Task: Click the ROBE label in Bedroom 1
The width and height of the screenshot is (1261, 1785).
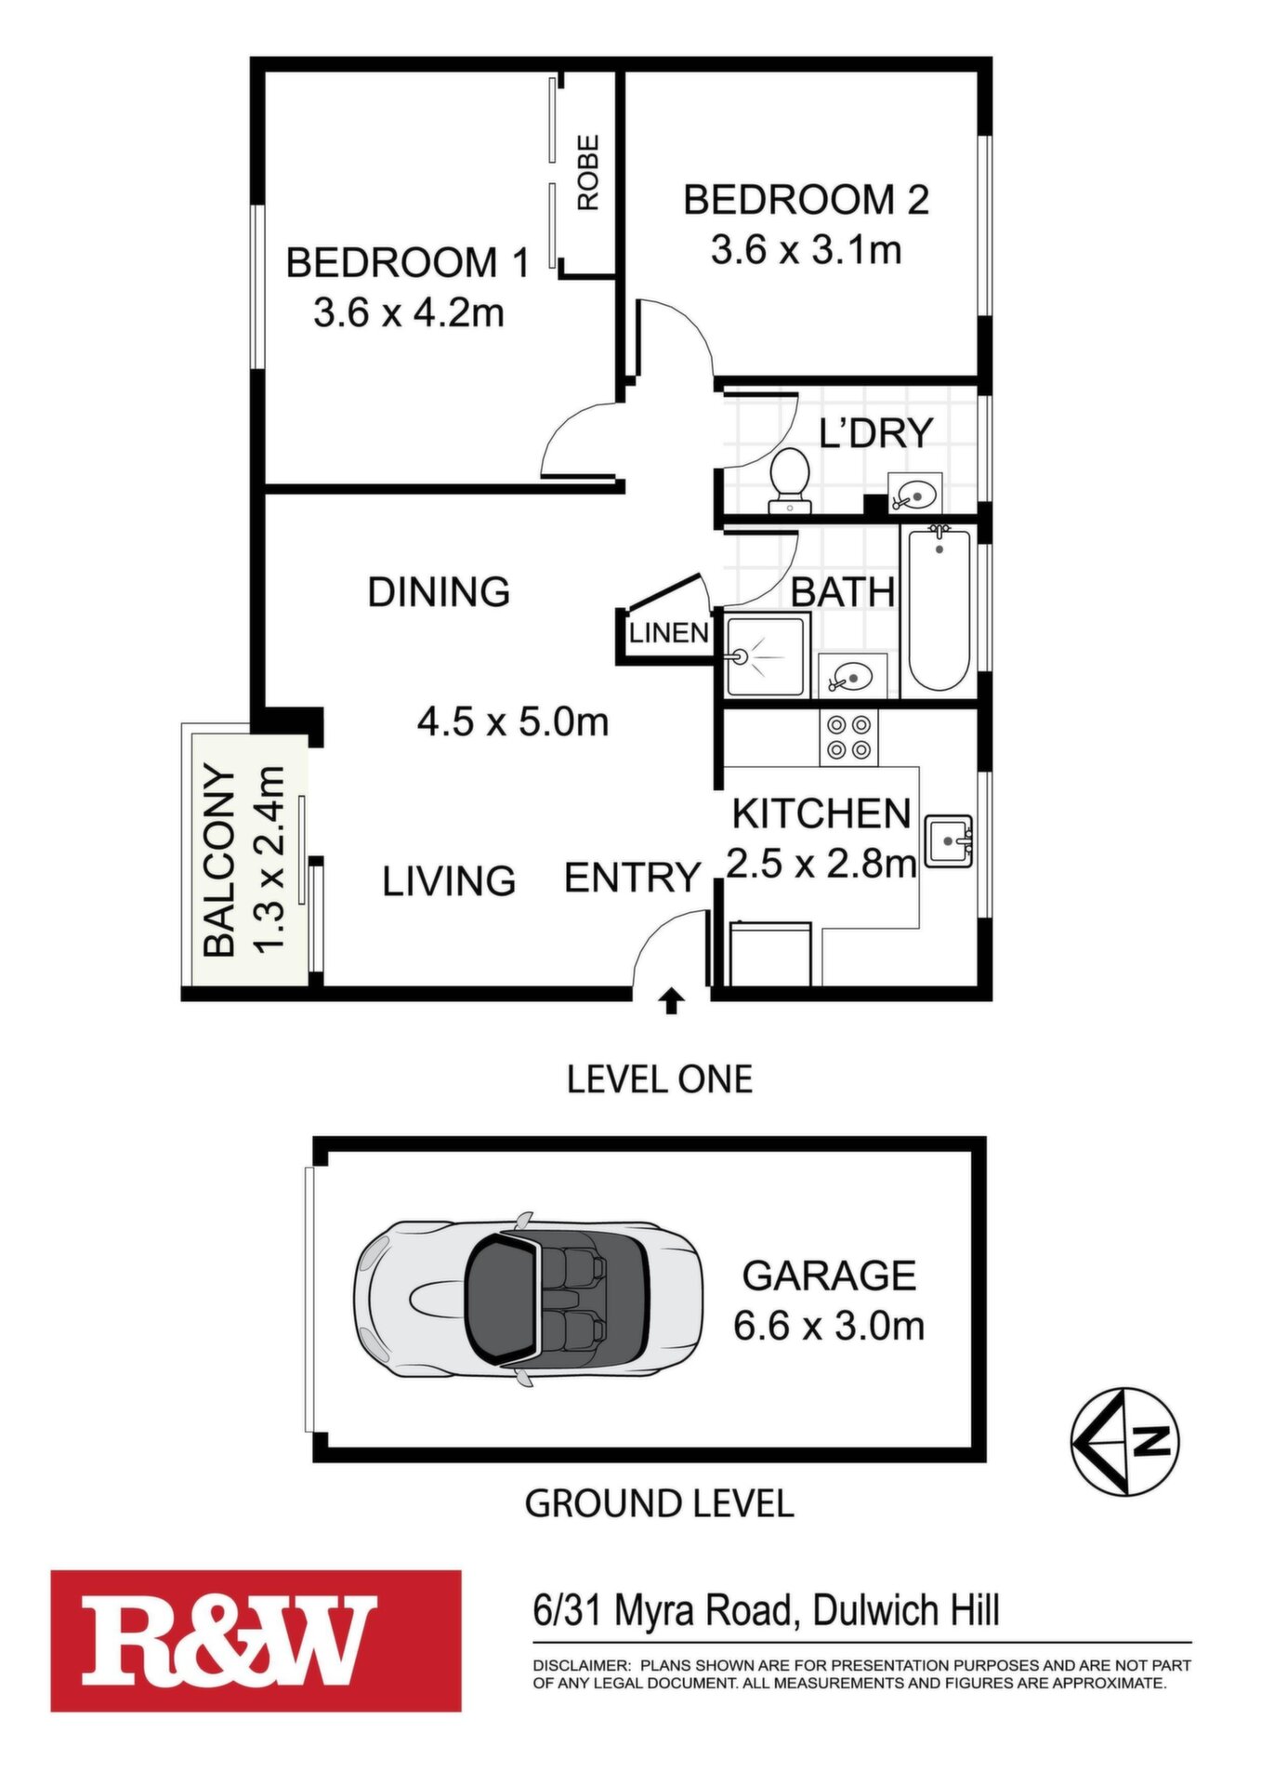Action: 588,173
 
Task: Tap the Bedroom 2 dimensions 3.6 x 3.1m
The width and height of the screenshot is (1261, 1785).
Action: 807,250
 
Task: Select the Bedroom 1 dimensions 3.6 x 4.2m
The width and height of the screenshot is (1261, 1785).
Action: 409,312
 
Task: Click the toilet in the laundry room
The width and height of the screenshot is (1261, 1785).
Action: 791,481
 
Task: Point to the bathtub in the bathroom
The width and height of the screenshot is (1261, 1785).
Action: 939,609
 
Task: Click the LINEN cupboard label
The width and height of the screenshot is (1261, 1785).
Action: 669,633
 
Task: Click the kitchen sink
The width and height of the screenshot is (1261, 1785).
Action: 949,841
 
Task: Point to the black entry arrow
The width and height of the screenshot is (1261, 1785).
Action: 671,1001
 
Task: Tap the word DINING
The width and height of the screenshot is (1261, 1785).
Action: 439,591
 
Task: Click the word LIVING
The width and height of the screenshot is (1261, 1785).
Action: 449,880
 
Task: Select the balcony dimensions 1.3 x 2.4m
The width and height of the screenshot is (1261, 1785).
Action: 269,860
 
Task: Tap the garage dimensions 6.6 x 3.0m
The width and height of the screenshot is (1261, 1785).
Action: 829,1326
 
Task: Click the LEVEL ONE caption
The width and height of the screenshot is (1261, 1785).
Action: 660,1079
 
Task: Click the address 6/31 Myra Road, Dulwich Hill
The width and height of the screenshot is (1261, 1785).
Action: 767,1609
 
